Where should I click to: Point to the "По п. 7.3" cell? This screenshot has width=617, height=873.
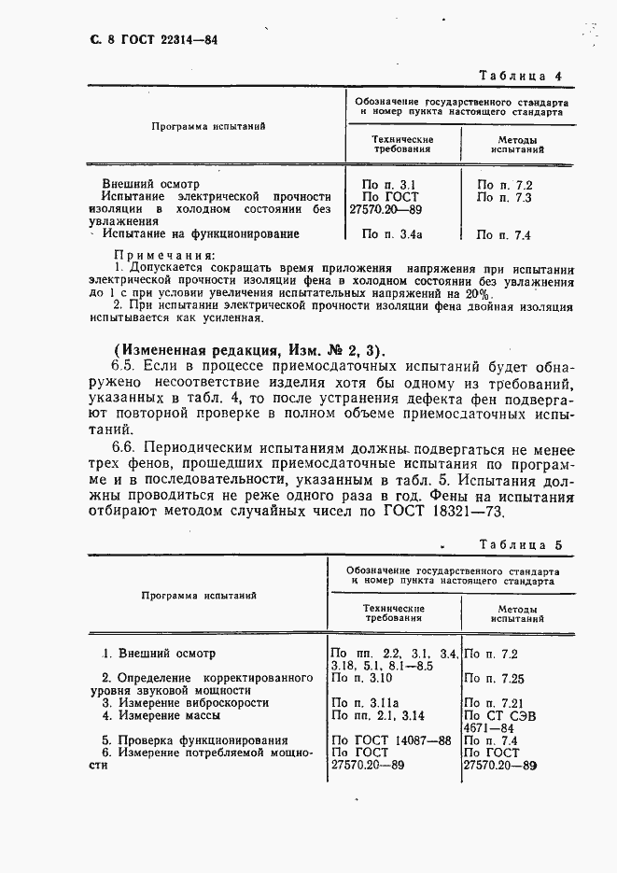(504, 198)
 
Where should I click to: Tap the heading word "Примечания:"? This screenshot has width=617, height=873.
(163, 254)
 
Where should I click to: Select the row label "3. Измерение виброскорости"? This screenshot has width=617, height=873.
(185, 702)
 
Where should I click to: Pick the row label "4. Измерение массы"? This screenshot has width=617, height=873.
(161, 715)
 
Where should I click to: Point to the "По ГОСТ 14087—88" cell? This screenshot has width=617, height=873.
(391, 739)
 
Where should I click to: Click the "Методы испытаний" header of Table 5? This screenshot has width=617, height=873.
(518, 613)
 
